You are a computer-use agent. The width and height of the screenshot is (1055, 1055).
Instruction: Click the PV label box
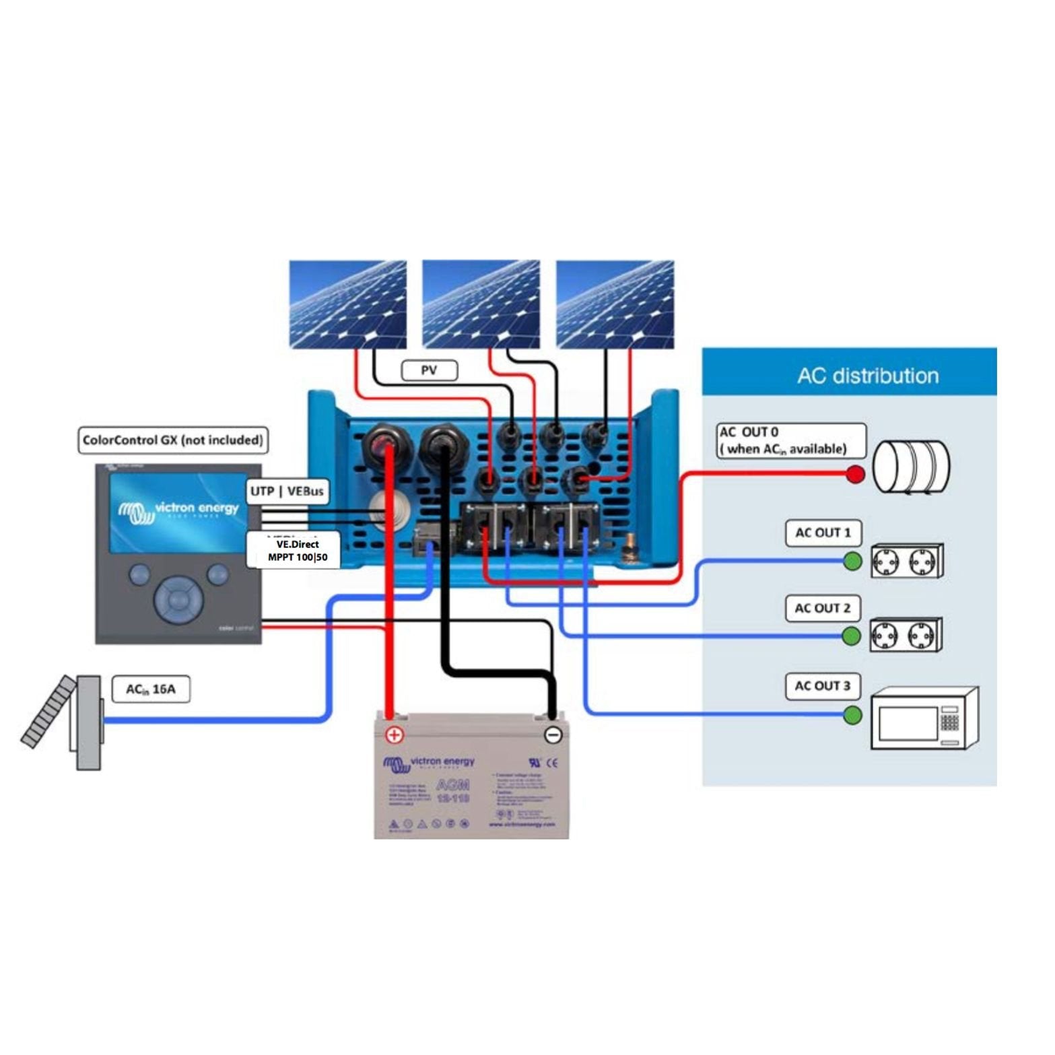[429, 370]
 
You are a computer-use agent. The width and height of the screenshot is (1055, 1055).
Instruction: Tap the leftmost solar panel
[347, 304]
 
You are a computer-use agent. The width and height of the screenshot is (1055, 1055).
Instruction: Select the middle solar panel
[481, 304]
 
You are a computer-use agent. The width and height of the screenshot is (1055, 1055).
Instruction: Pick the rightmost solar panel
[615, 304]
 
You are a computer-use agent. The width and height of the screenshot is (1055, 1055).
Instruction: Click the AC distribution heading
[867, 376]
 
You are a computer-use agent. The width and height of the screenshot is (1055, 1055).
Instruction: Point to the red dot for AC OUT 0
[855, 474]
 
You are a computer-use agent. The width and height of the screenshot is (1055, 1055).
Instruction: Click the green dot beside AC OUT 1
[852, 561]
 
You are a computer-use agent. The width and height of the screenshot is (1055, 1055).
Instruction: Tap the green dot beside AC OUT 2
[852, 636]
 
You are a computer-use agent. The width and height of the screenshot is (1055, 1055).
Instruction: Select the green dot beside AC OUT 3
[852, 715]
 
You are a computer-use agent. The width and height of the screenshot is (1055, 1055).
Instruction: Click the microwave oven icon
[924, 719]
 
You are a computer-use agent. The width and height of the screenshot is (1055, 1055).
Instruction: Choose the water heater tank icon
[911, 467]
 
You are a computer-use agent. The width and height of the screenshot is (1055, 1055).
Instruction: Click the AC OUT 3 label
[822, 686]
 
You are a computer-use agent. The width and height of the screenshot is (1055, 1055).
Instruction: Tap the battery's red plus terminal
[394, 735]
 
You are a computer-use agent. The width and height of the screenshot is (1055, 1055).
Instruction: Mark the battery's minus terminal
[553, 735]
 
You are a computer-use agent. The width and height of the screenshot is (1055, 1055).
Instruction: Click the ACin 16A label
[150, 689]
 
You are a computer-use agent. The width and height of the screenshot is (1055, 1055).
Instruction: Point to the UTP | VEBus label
[287, 491]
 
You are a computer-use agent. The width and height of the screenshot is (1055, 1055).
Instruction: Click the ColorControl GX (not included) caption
[172, 440]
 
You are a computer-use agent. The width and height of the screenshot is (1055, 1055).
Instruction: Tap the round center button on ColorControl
[178, 599]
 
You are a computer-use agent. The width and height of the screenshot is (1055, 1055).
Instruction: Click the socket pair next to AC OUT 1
[906, 561]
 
